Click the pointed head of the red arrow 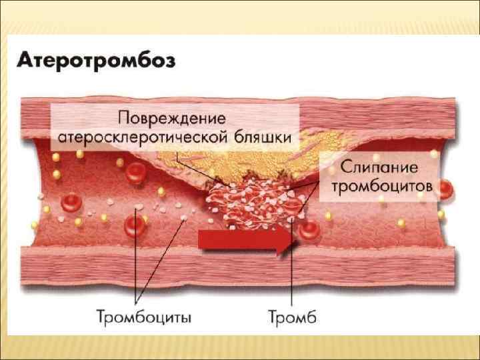289,241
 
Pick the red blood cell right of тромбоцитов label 445,189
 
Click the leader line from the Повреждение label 193,167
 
